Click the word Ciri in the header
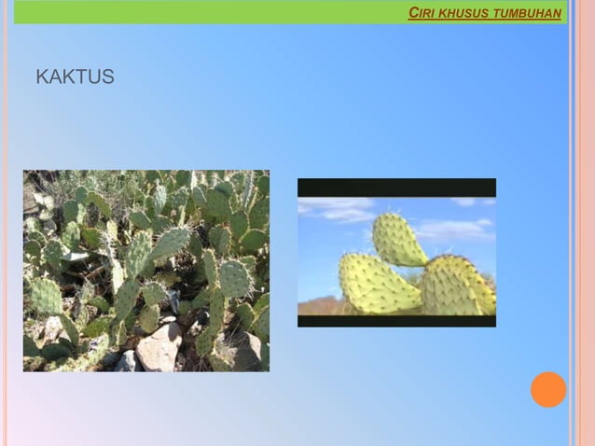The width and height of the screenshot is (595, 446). (x=421, y=14)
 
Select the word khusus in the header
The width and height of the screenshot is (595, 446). (x=463, y=14)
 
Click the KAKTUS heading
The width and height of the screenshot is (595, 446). (x=75, y=77)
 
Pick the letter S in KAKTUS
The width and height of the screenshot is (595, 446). (x=108, y=77)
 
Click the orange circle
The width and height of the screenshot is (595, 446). (x=548, y=389)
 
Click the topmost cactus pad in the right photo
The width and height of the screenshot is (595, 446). (x=400, y=240)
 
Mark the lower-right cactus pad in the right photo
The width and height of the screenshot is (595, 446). (x=457, y=286)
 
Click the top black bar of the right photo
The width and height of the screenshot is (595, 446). (x=396, y=187)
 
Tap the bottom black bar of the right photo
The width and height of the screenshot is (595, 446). (x=396, y=321)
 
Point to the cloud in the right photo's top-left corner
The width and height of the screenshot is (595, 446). (x=336, y=208)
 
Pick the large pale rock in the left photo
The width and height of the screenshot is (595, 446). (x=159, y=347)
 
